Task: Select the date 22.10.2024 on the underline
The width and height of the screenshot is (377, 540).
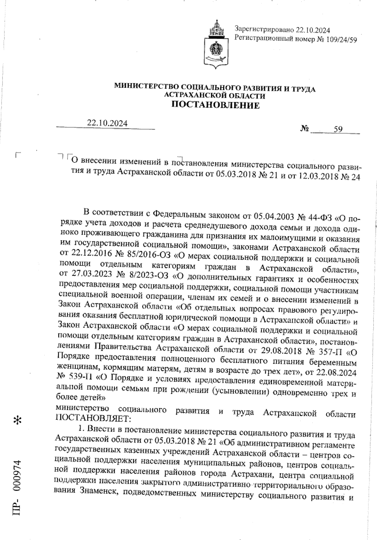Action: pyautogui.click(x=107, y=123)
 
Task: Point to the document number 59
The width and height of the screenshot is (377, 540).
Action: pyautogui.click(x=338, y=129)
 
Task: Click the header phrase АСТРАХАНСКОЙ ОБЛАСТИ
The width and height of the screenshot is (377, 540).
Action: pyautogui.click(x=215, y=96)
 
